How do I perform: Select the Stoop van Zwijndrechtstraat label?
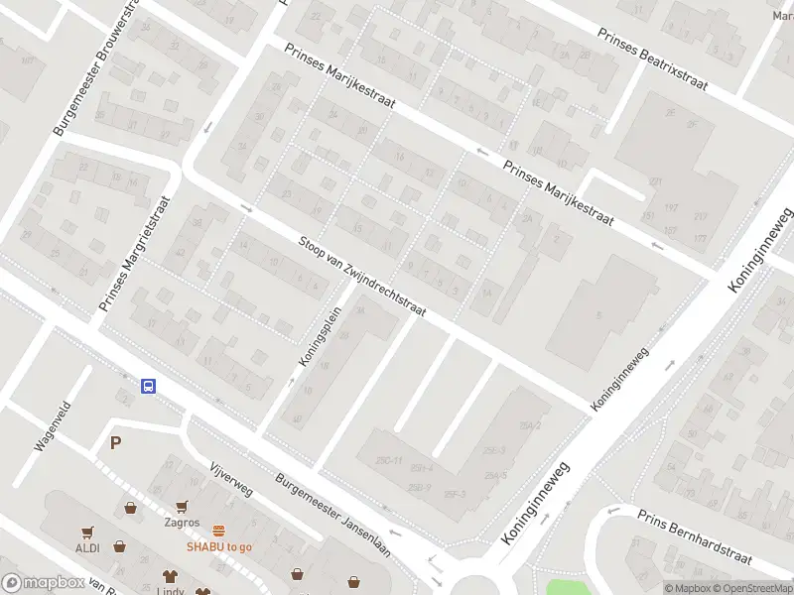coord(362,277)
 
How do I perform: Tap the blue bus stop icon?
coord(148,386)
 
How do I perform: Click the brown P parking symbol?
coord(115,443)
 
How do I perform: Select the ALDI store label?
coord(88,547)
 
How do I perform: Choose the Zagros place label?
coord(182,523)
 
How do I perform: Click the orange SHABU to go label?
coord(219,546)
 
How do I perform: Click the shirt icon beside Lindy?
coord(170,576)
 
